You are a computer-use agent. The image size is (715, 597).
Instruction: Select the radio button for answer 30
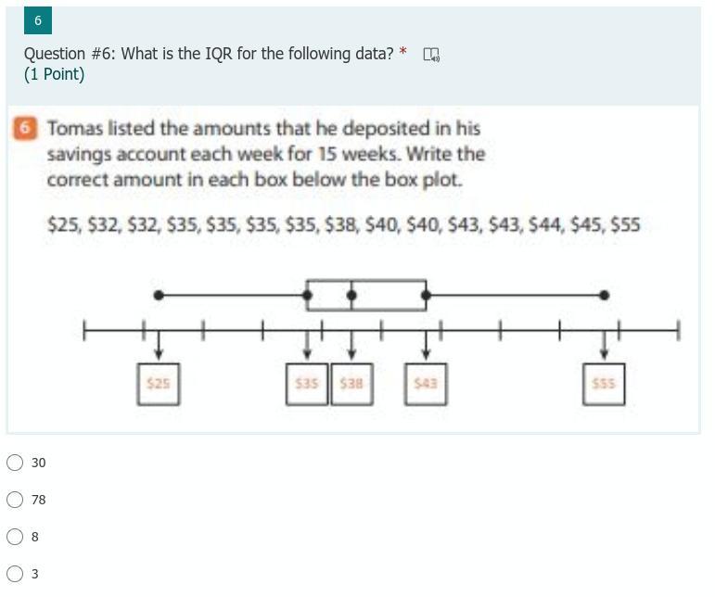[15, 462]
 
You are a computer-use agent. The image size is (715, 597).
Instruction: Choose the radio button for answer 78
[15, 500]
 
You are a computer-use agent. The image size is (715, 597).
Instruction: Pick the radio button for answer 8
[15, 537]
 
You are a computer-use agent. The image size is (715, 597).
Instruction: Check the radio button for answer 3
[15, 573]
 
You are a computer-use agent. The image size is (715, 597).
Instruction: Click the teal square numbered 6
[38, 20]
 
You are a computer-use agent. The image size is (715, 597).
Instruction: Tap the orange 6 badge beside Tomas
[25, 128]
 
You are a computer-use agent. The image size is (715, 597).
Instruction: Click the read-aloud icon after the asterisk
[431, 55]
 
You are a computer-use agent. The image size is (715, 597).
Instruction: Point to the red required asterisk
[402, 51]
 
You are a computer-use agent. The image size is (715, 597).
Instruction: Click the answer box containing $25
[159, 384]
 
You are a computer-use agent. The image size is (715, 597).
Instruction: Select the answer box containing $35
[307, 384]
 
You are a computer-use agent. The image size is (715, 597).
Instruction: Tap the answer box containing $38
[351, 384]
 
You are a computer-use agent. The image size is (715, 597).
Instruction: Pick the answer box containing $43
[426, 384]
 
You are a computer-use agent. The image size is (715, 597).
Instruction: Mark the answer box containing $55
[604, 384]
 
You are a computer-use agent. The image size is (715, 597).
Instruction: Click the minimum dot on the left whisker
[159, 296]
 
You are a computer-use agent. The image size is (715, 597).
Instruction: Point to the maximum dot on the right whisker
[605, 296]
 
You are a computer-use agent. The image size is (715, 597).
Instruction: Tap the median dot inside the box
[351, 296]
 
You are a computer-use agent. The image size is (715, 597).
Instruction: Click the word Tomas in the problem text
[75, 129]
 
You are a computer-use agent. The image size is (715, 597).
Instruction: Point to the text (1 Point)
[55, 74]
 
